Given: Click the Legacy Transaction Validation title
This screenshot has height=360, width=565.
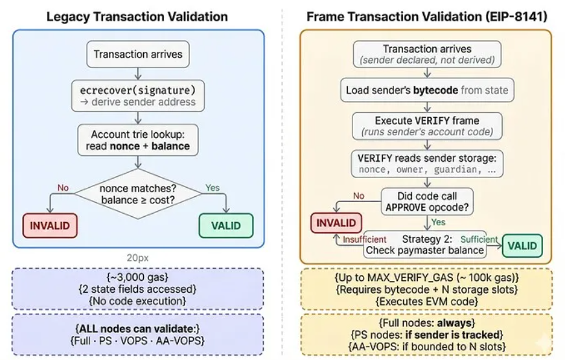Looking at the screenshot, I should point(137,17).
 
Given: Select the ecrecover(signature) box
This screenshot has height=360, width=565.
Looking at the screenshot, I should point(137,95).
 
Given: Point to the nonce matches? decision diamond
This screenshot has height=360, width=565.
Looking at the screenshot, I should point(137,193).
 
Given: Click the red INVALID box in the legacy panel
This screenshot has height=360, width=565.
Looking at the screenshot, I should point(49,225).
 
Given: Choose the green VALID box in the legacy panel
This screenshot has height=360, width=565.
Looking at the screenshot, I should point(225,225).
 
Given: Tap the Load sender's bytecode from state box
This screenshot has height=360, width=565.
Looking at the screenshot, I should point(426,90).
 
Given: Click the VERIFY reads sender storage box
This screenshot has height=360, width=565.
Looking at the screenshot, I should point(426,163).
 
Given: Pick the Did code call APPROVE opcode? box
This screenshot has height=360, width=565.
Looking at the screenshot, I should point(427,201).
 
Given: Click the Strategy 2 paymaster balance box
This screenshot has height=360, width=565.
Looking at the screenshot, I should point(425,245).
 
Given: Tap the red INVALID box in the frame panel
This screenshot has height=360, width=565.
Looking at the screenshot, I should point(336,223).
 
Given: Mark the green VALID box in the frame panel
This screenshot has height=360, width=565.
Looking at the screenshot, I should point(522,246).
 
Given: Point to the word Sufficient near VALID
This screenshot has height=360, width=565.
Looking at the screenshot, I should point(479,239).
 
